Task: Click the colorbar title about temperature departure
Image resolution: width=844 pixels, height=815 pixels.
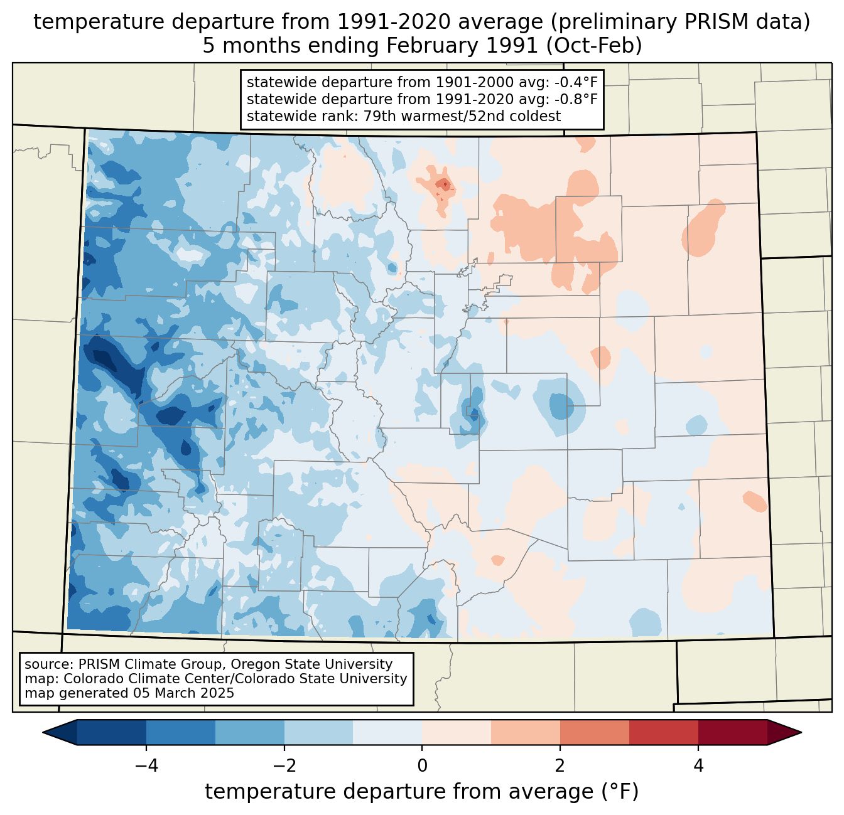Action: coord(421,792)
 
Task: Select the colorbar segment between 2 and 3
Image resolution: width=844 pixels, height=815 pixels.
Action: coord(595,732)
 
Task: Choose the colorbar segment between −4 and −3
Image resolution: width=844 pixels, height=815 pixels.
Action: coord(181,732)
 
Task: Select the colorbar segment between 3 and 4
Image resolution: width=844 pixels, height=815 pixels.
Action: coord(664,732)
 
